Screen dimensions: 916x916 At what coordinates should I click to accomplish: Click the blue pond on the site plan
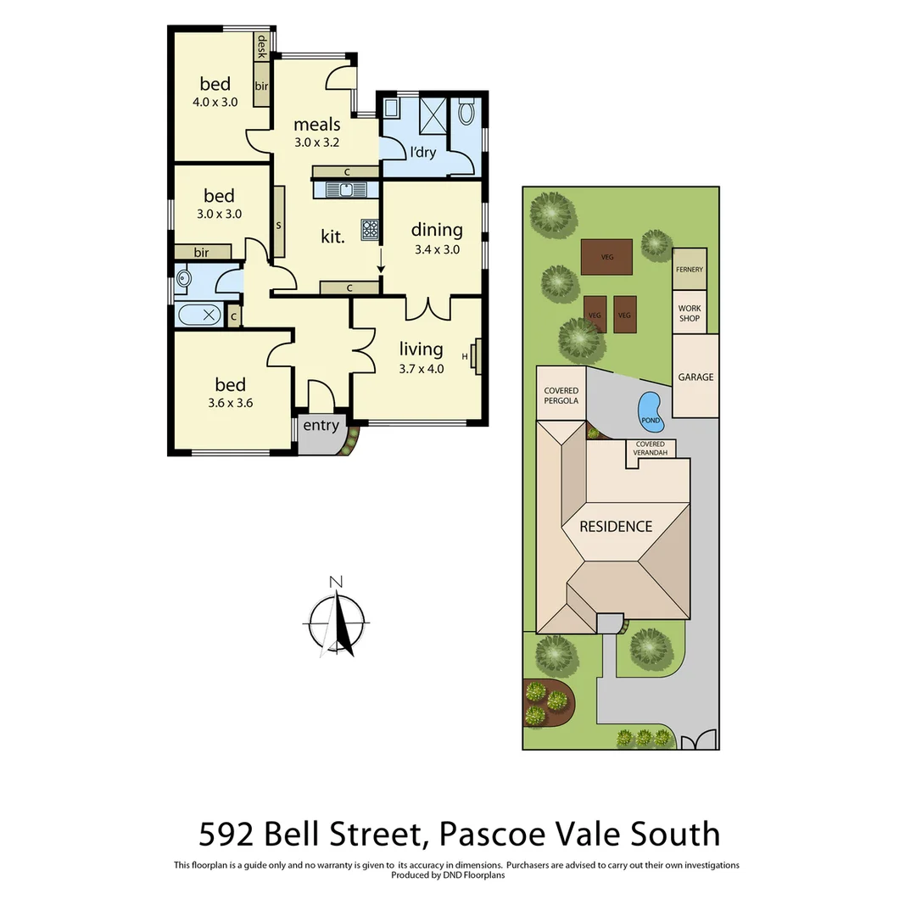click(650, 409)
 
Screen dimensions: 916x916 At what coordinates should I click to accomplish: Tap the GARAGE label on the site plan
click(695, 377)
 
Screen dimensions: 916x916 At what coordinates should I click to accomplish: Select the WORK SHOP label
click(690, 313)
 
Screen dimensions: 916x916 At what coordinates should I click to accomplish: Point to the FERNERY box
click(690, 269)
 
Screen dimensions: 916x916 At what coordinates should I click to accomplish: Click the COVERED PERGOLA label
click(561, 395)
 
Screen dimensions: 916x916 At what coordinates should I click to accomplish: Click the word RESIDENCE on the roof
click(616, 527)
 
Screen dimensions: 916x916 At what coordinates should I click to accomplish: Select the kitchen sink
click(347, 190)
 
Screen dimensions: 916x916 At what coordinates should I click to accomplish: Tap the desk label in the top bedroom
click(262, 47)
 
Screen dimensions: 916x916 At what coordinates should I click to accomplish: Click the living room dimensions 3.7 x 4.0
click(422, 369)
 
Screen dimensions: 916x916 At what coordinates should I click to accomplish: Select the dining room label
click(437, 230)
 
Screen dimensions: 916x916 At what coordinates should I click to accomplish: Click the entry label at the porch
click(321, 426)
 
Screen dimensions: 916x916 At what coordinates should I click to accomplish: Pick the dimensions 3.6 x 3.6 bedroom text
click(230, 403)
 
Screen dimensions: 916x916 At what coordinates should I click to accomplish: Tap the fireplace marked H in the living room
click(476, 356)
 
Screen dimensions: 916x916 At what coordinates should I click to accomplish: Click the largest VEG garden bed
click(607, 256)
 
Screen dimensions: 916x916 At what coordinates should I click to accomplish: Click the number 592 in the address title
click(227, 835)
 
